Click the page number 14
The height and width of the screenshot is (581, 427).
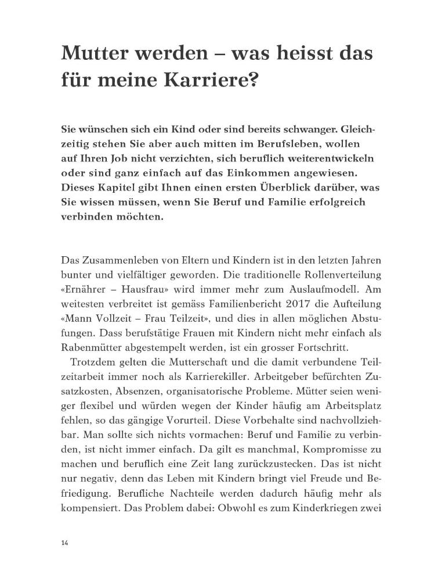[64, 543]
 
